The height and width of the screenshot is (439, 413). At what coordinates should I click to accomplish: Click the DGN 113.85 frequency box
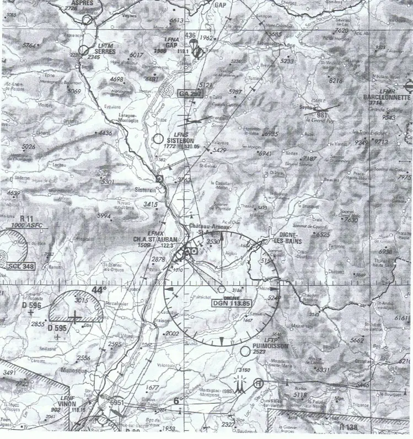(231, 303)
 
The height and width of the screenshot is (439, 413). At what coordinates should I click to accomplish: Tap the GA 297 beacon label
(191, 95)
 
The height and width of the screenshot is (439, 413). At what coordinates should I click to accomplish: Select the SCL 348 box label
(22, 266)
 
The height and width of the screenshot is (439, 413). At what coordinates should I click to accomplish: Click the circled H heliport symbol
(257, 383)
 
